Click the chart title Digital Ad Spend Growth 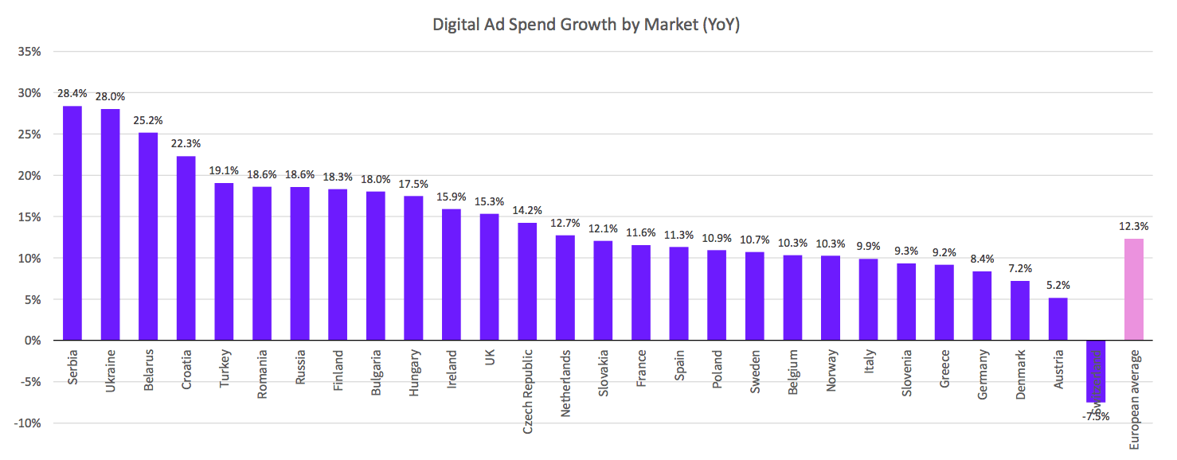[x=587, y=25]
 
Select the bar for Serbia [x=72, y=223]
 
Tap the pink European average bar [x=1133, y=290]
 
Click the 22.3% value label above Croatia [x=186, y=143]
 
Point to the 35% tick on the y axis [x=29, y=52]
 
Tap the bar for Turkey [x=224, y=262]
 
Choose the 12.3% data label [x=1133, y=226]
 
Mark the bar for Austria [x=1058, y=319]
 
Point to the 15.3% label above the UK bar [x=489, y=201]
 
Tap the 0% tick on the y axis [x=33, y=341]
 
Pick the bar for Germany [x=982, y=306]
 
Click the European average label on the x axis [x=1133, y=398]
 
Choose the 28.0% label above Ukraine [x=110, y=96]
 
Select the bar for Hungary [x=413, y=268]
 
